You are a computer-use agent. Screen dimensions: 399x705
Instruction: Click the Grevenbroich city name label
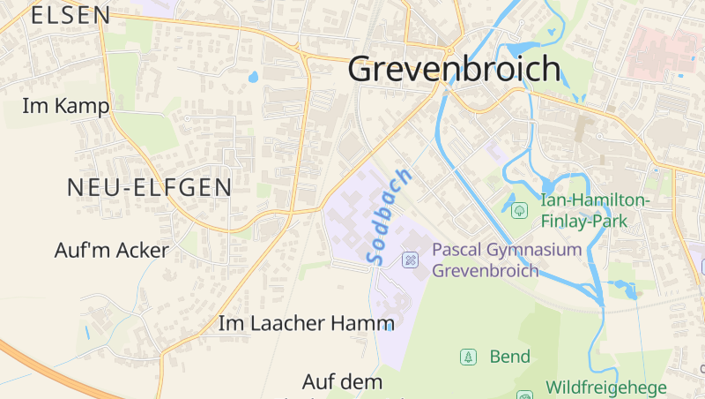(x=454, y=69)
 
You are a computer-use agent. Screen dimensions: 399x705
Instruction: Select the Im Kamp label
(x=66, y=107)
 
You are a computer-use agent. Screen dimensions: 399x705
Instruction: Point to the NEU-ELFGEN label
(x=150, y=187)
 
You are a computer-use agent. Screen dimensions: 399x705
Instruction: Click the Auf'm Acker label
(x=111, y=251)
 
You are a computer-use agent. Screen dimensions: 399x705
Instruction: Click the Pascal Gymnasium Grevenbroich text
(x=507, y=260)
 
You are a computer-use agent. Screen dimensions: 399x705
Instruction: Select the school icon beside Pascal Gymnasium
(x=410, y=260)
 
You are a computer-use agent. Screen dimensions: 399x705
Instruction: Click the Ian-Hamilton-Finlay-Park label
(x=595, y=211)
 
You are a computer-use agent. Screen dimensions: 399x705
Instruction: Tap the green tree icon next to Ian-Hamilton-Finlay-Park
(x=519, y=210)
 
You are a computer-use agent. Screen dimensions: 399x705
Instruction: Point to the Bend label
(x=509, y=357)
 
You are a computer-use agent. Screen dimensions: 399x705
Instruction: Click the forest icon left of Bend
(x=469, y=357)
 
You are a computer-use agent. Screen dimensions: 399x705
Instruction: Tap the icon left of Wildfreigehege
(x=524, y=395)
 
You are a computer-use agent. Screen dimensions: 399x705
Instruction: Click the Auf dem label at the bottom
(x=343, y=382)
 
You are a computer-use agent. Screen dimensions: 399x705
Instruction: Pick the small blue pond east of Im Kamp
(x=254, y=77)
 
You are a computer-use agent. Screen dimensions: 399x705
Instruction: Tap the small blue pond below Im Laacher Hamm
(x=389, y=327)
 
